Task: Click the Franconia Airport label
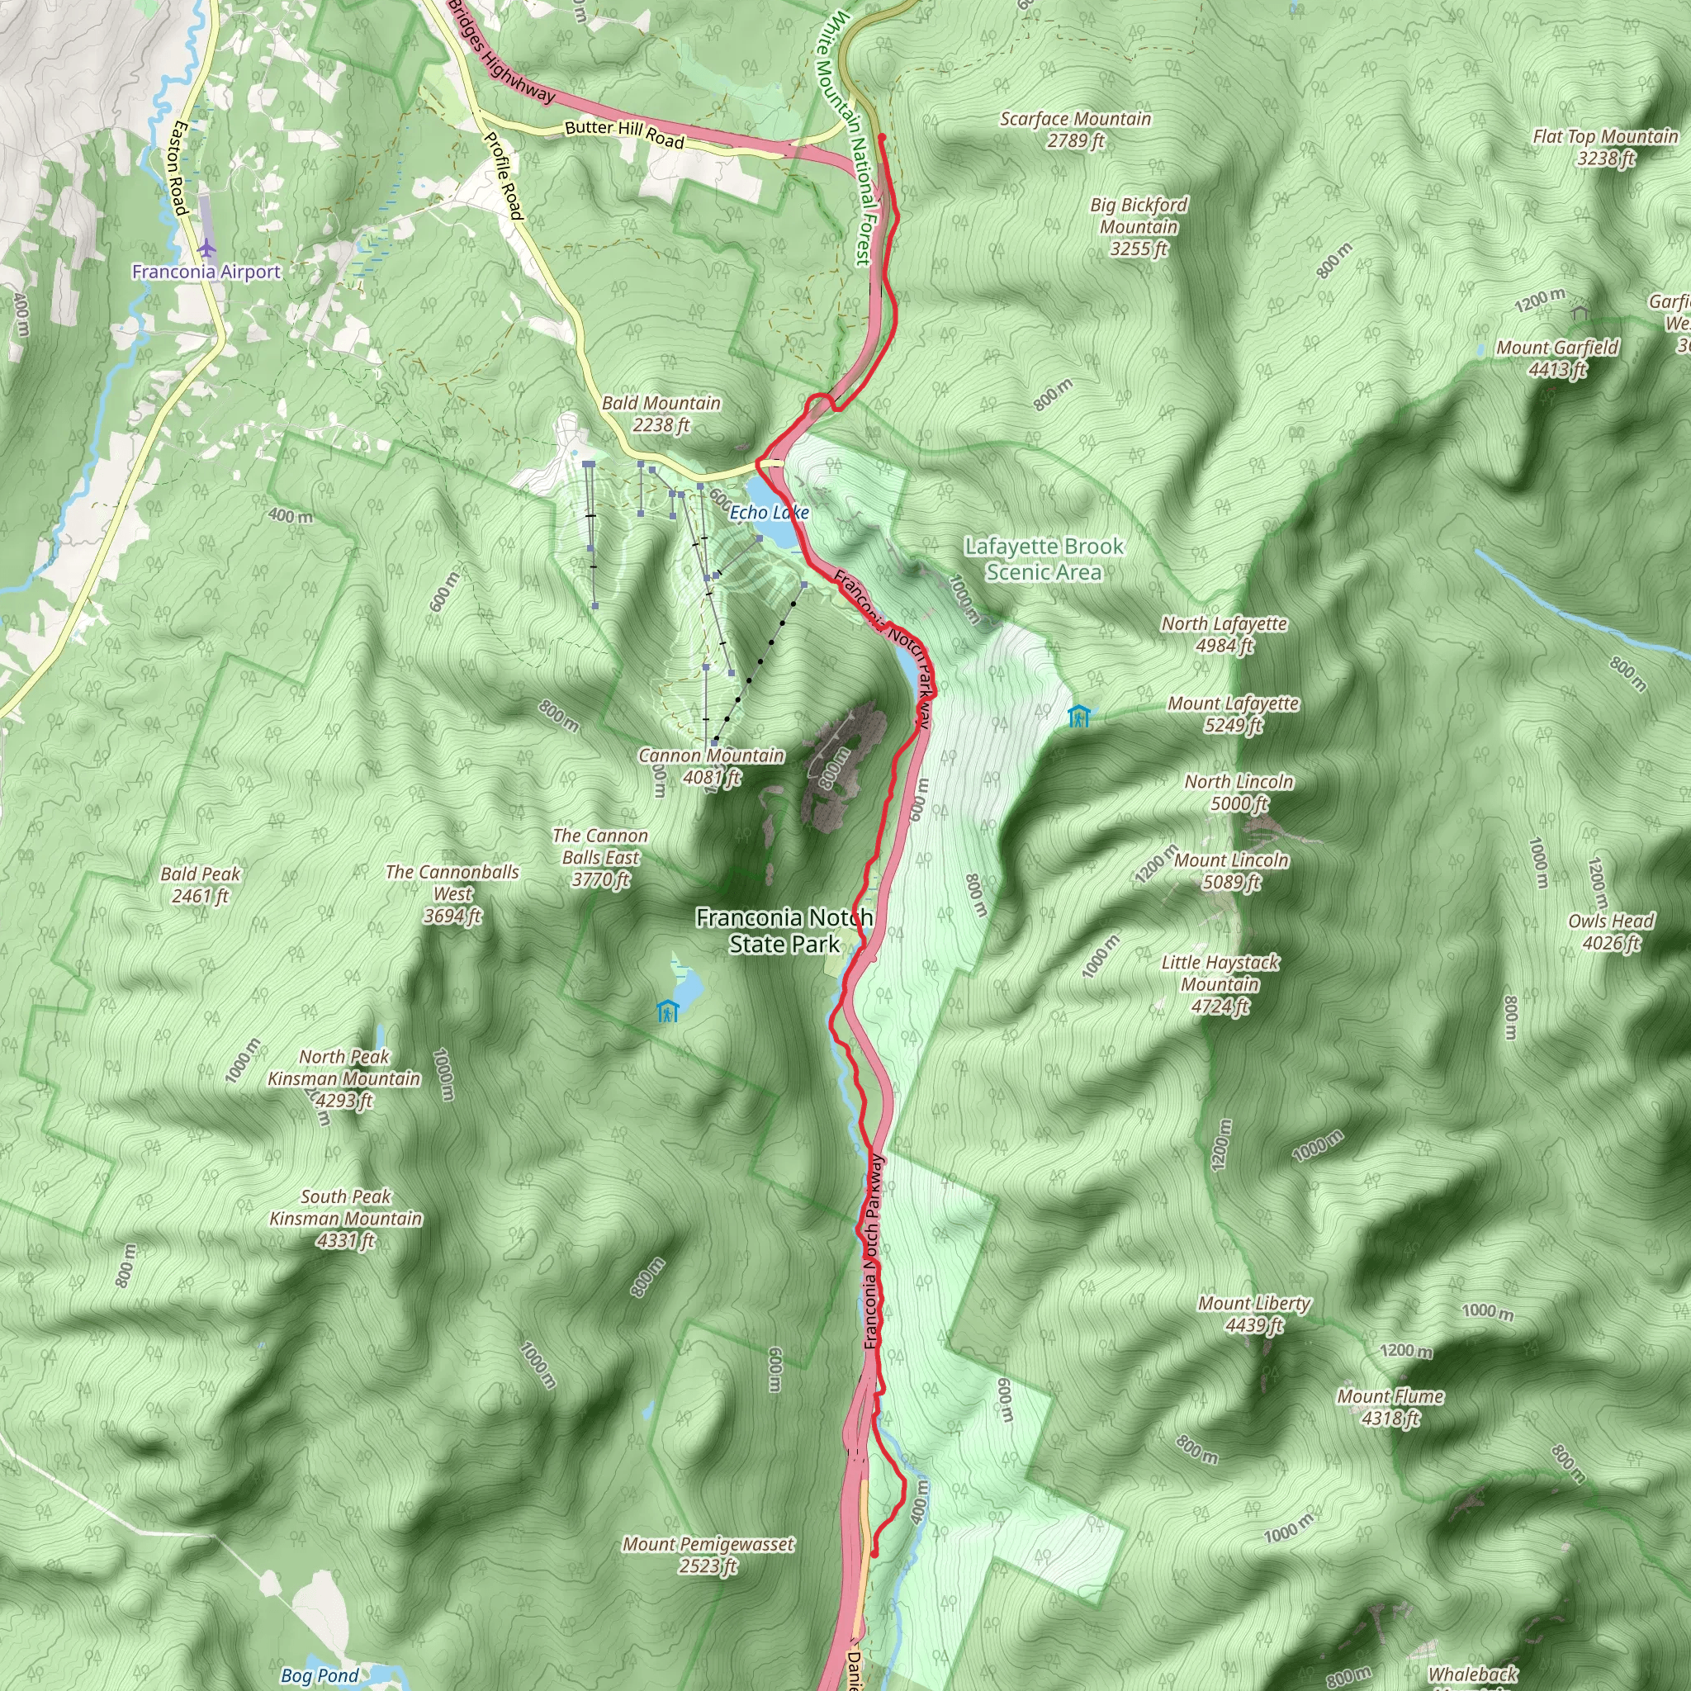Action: pyautogui.click(x=206, y=272)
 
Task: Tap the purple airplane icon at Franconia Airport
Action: pyautogui.click(x=206, y=248)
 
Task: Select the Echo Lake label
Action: pyautogui.click(x=770, y=512)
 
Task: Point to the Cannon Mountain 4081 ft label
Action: pyautogui.click(x=711, y=766)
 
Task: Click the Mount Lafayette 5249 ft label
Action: pyautogui.click(x=1234, y=714)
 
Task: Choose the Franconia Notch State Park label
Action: pyautogui.click(x=784, y=931)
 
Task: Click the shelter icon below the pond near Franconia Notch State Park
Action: pyautogui.click(x=668, y=1011)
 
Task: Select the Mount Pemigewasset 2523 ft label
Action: pyautogui.click(x=708, y=1555)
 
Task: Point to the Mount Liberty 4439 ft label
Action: pyautogui.click(x=1254, y=1314)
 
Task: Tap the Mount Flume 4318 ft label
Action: pyautogui.click(x=1390, y=1406)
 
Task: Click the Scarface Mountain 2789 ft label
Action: pyautogui.click(x=1076, y=130)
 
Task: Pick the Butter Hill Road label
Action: pyautogui.click(x=624, y=133)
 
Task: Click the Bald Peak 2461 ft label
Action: pyautogui.click(x=201, y=884)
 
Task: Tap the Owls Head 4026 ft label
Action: pyautogui.click(x=1610, y=931)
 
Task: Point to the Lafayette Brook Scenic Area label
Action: pyautogui.click(x=1044, y=558)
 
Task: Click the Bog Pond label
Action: pyautogui.click(x=320, y=1675)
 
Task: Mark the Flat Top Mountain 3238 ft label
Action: pyautogui.click(x=1605, y=147)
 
